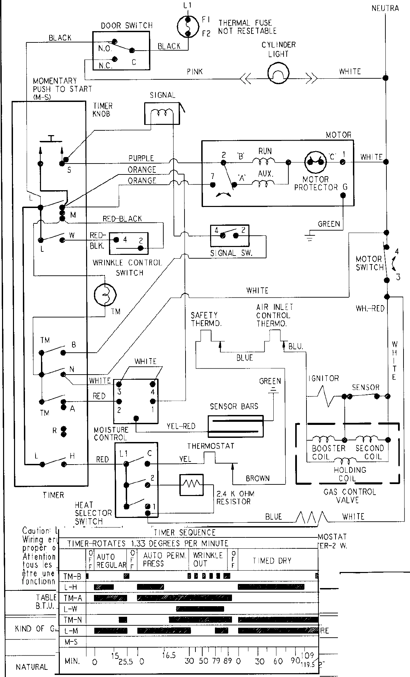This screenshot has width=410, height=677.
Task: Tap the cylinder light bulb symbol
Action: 278,72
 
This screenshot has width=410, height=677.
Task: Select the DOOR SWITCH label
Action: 127,26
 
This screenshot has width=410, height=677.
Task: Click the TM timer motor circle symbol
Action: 105,295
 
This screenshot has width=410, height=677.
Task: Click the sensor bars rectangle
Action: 236,426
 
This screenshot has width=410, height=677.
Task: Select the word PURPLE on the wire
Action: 141,158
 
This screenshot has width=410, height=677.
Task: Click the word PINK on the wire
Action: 195,71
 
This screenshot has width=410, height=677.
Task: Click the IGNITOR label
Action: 324,378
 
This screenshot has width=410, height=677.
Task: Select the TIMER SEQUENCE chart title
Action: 184,533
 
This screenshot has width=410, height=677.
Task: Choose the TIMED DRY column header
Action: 272,561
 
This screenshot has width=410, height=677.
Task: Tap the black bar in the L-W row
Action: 200,609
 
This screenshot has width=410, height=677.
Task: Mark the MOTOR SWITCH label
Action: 369,263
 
